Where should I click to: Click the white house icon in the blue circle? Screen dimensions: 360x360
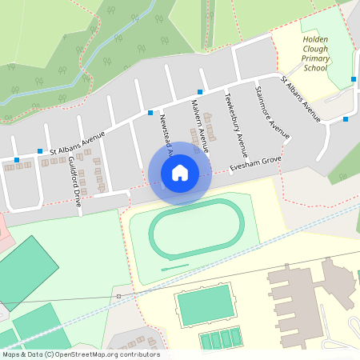coord(180,173)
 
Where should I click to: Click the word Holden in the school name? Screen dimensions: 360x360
coord(315,38)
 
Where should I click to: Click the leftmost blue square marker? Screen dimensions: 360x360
coord(16,160)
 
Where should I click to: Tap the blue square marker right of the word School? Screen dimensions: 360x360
coord(353,78)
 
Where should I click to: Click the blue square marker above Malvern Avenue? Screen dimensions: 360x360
coord(199,92)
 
